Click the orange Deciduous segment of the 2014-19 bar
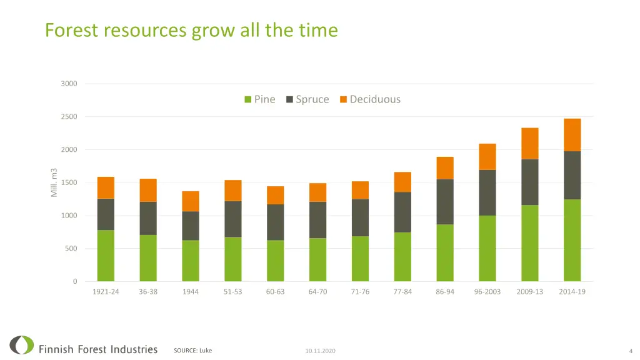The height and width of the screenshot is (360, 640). (572, 134)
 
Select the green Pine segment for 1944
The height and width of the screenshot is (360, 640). (191, 261)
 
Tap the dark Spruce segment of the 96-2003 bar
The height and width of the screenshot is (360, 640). (487, 192)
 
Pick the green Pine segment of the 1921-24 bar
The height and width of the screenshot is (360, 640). (106, 256)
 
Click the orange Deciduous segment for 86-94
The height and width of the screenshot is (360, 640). (445, 167)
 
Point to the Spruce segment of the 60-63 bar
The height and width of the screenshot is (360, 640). (275, 222)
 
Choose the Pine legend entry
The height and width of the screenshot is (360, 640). (259, 99)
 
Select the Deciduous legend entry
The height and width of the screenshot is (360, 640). (370, 99)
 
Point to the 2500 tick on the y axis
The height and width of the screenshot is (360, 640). (69, 117)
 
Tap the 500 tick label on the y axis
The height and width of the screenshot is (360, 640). (71, 249)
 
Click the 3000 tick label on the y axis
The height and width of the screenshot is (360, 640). (69, 84)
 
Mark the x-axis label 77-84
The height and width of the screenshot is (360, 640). (402, 292)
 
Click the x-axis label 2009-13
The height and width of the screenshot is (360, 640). (530, 292)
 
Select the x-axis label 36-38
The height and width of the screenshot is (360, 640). (148, 292)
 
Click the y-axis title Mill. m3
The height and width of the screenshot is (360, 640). (54, 182)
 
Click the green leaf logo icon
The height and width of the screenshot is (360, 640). (22, 345)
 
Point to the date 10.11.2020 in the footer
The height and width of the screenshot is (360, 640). (320, 351)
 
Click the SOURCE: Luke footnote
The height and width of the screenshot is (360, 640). (192, 351)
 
